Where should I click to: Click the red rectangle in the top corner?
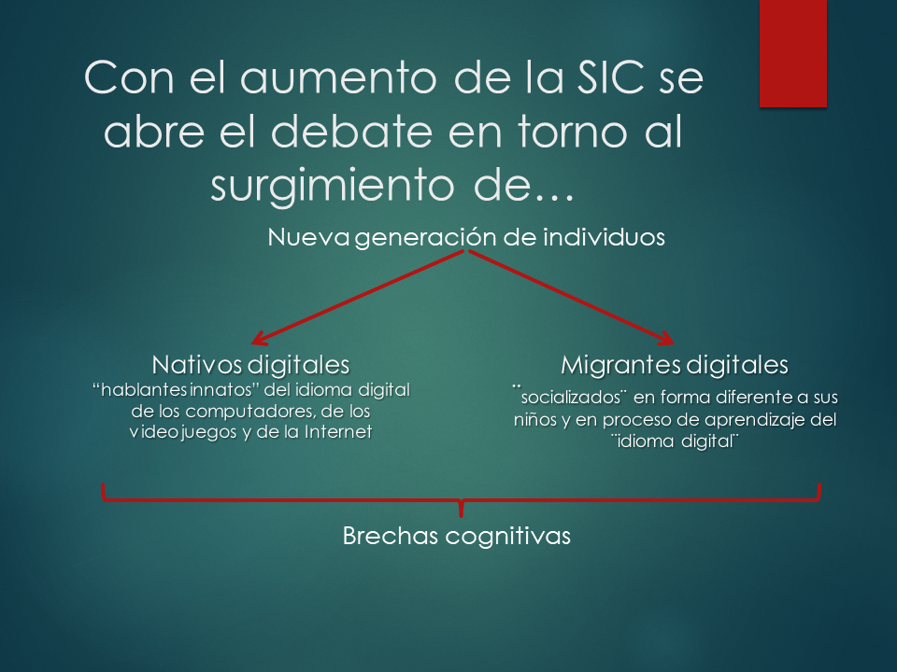(793, 53)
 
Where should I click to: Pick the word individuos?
(604, 237)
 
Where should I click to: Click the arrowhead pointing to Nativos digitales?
(259, 339)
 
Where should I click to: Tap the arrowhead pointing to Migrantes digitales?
(666, 338)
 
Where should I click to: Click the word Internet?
(338, 431)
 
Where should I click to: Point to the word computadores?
(249, 412)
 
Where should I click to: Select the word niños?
(534, 420)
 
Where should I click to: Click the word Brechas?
(391, 536)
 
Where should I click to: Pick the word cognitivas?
(507, 537)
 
